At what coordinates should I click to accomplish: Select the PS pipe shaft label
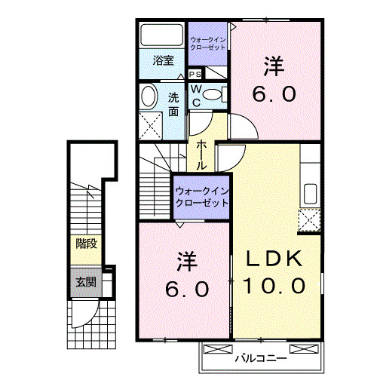pos(195,74)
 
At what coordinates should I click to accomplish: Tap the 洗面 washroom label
pos(173,103)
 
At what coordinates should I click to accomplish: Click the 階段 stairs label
pos(85,244)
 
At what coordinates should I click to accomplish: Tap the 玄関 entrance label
pos(85,283)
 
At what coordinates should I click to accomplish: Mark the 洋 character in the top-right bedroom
pos(274,66)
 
